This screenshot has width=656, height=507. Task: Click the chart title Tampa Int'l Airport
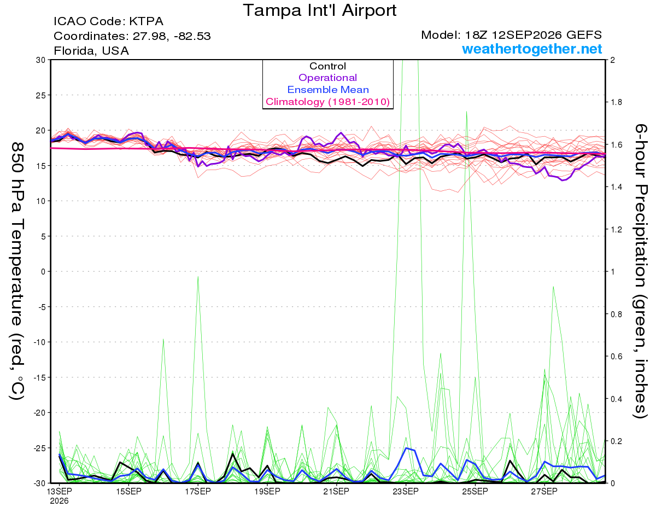pyautogui.click(x=319, y=10)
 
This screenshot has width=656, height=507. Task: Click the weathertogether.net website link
pyautogui.click(x=532, y=49)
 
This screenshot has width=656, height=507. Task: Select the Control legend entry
pyautogui.click(x=327, y=66)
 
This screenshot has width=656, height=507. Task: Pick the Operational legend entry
pyautogui.click(x=327, y=78)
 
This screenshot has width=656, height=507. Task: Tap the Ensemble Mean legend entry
pyautogui.click(x=328, y=90)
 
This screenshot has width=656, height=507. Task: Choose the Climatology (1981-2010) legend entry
pyautogui.click(x=328, y=102)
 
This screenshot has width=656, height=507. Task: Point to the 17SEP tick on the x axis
pyautogui.click(x=198, y=491)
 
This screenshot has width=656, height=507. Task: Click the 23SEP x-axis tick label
pyautogui.click(x=406, y=491)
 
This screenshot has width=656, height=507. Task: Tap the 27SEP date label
pyautogui.click(x=544, y=491)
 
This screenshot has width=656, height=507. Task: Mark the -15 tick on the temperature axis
pyautogui.click(x=39, y=377)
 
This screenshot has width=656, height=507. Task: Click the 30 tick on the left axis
pyautogui.click(x=40, y=60)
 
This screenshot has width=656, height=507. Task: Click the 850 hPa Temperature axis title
pyautogui.click(x=17, y=271)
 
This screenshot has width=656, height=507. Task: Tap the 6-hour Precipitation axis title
pyautogui.click(x=640, y=271)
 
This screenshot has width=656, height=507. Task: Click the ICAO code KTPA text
pyautogui.click(x=108, y=21)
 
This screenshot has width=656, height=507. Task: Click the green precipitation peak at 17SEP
pyautogui.click(x=198, y=277)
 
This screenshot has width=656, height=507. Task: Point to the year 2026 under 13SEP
pyautogui.click(x=59, y=501)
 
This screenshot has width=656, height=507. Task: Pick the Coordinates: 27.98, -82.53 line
pyautogui.click(x=132, y=36)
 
